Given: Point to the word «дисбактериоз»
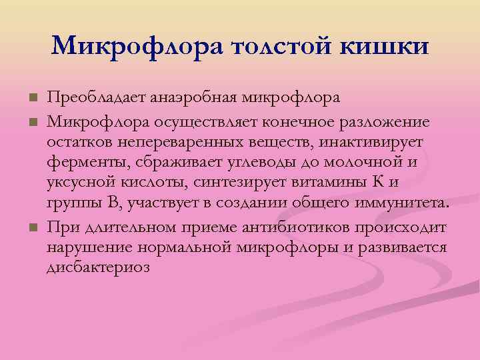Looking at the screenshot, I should (98, 267).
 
